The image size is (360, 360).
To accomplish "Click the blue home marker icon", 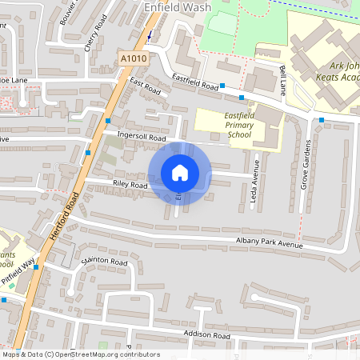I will point(180,174).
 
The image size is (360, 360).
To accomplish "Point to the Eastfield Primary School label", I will point(228,124).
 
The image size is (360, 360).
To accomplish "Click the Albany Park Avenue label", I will point(270,242).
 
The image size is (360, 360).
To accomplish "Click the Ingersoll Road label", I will point(141,138).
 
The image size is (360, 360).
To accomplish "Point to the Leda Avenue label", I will point(256,183).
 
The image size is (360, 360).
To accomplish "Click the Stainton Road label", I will point(104,262).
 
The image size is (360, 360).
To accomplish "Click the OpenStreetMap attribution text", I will point(81,354).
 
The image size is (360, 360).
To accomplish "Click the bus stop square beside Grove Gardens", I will point(322,120).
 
